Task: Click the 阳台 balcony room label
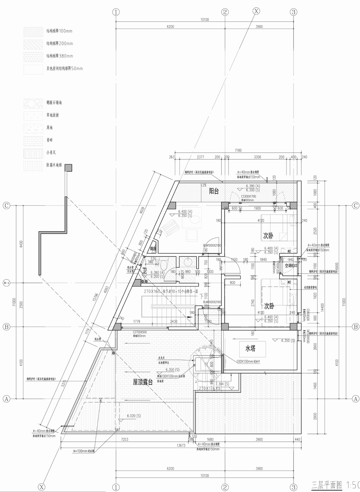(x=214, y=191)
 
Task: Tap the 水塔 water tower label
(x=250, y=348)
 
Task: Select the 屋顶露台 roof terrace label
(x=143, y=382)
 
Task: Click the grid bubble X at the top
(x=256, y=11)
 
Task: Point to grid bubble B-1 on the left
(x=6, y=283)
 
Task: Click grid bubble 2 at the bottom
(x=225, y=487)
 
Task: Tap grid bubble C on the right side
(x=355, y=205)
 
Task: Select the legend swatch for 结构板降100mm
(x=33, y=32)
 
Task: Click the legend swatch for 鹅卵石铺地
(x=33, y=103)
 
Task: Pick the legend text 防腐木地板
(x=54, y=165)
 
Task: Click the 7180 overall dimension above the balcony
(x=238, y=150)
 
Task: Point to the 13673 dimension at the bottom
(x=181, y=445)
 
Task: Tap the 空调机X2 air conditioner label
(x=291, y=266)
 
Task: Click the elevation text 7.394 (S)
(x=222, y=384)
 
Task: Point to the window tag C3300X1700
(x=248, y=196)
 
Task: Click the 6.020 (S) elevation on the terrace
(x=134, y=416)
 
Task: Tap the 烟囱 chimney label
(x=153, y=248)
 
